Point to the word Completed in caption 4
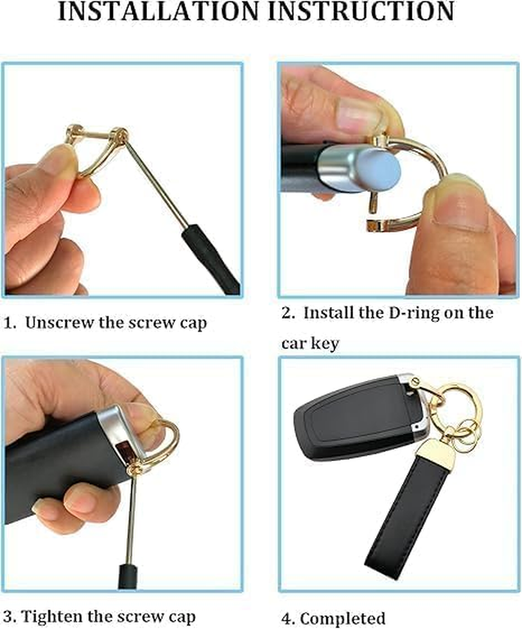click(343, 618)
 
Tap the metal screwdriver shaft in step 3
click(130, 516)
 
